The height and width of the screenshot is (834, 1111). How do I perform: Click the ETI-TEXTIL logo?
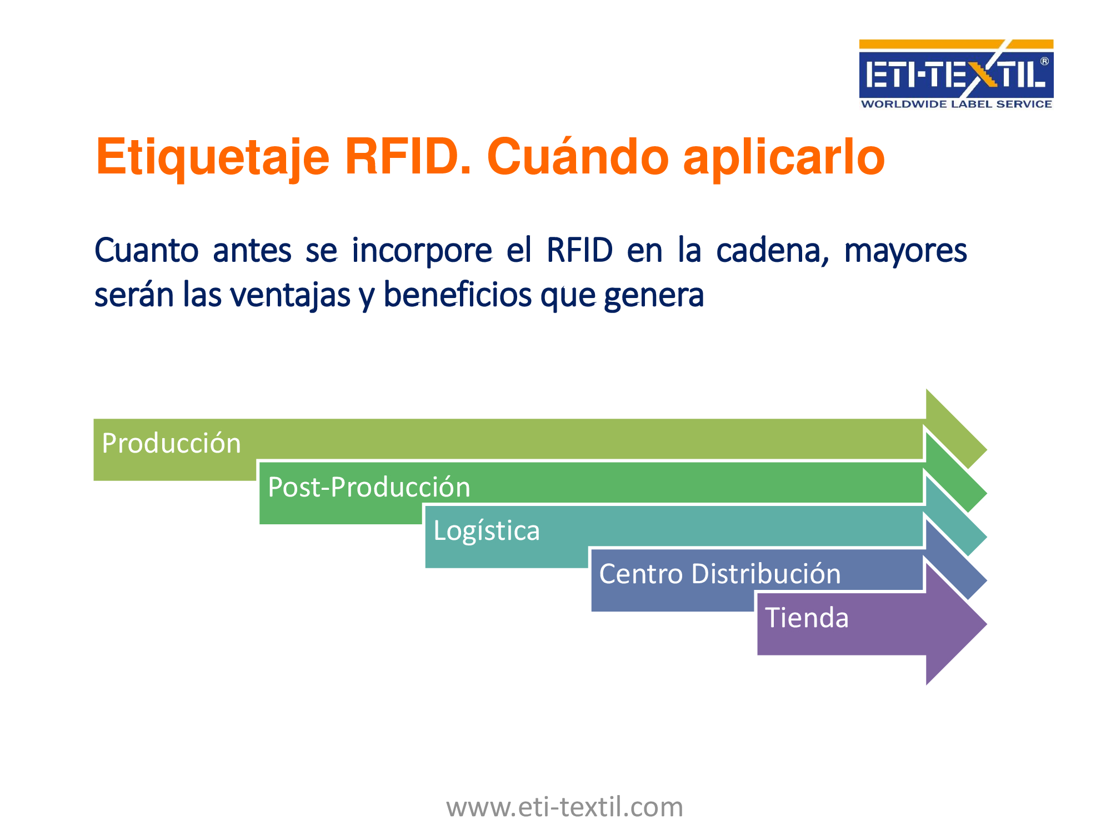click(956, 74)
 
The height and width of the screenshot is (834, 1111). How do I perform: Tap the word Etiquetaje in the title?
click(213, 157)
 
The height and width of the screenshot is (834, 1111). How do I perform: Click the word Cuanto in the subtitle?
click(147, 251)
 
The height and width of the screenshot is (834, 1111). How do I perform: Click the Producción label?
click(171, 444)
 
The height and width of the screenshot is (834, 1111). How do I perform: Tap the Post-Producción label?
click(369, 487)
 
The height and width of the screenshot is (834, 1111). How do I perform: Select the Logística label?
click(487, 531)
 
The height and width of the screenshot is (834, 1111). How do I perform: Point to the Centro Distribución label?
click(720, 574)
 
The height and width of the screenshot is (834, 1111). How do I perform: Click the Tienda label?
click(807, 618)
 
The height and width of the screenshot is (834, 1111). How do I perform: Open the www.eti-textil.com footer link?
click(565, 807)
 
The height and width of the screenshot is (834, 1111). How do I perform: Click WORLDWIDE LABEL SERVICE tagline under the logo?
click(956, 104)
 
